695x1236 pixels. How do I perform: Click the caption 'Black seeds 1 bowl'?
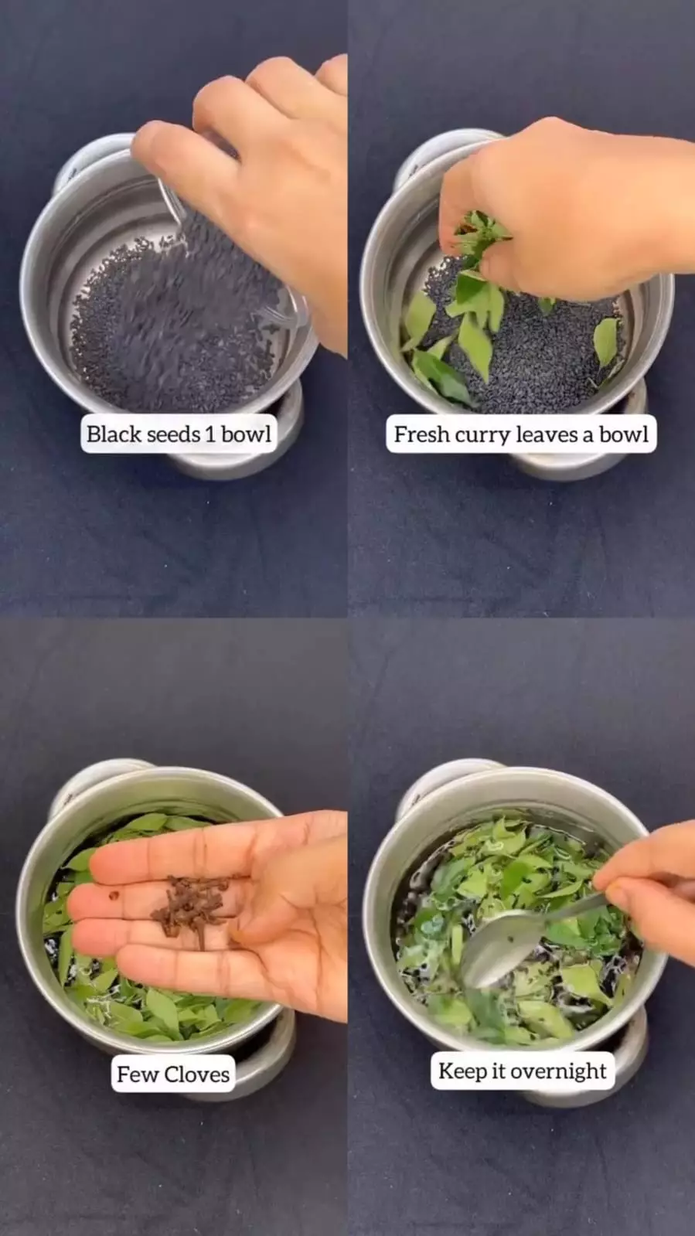179,434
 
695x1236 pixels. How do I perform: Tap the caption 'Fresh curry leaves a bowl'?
521,435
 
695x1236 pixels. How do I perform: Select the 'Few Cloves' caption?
173,1074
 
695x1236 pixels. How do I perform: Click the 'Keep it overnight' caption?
522,1071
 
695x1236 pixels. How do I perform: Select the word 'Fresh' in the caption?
422,435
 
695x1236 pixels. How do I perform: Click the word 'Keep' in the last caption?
462,1071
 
